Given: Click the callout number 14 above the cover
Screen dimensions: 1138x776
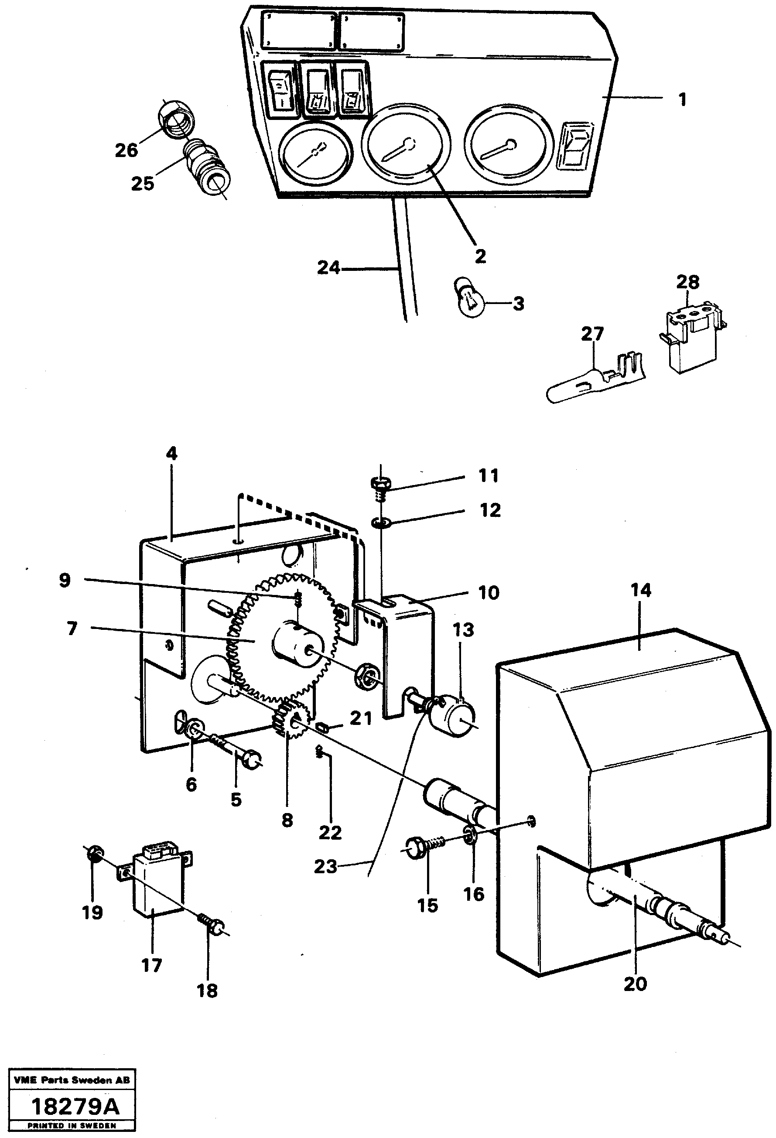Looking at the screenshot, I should click(x=640, y=591).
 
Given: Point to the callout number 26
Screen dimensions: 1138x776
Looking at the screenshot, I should click(x=126, y=151).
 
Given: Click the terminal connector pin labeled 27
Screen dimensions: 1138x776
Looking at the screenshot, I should click(x=592, y=385).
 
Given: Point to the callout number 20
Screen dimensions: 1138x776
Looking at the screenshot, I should click(x=635, y=984).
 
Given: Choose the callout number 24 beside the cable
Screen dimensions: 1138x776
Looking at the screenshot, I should click(x=328, y=268).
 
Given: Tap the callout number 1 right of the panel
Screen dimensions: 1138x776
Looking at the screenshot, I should click(x=682, y=100).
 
